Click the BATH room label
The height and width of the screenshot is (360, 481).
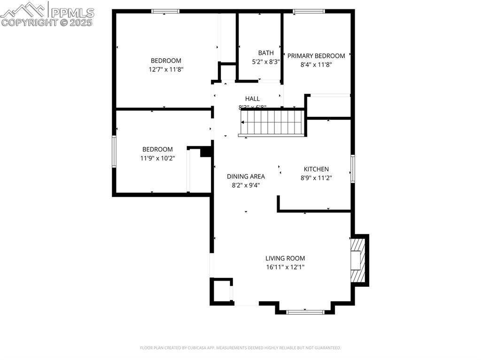click(x=265, y=53)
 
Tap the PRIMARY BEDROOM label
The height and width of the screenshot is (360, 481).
click(x=316, y=56)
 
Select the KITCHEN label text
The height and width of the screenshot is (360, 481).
click(x=316, y=169)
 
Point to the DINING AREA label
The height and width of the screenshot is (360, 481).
click(x=246, y=176)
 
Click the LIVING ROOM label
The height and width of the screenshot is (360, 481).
click(x=285, y=258)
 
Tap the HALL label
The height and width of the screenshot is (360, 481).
click(x=252, y=99)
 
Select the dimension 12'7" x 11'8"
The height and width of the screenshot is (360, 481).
click(x=166, y=69)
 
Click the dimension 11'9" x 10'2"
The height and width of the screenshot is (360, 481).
click(x=157, y=158)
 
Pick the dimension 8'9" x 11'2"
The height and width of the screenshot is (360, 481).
click(x=316, y=177)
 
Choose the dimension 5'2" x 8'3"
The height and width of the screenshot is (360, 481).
click(x=265, y=61)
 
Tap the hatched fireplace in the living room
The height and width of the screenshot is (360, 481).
click(x=358, y=260)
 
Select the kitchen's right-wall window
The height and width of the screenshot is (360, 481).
click(x=352, y=169)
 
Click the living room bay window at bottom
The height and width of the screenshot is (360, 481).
click(x=305, y=311)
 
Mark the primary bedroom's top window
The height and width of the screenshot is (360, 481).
click(x=309, y=11)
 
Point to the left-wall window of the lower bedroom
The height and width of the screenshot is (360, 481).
click(x=114, y=151)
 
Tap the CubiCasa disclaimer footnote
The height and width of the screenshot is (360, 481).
click(x=240, y=348)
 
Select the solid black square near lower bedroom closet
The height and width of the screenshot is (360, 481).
click(x=206, y=152)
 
